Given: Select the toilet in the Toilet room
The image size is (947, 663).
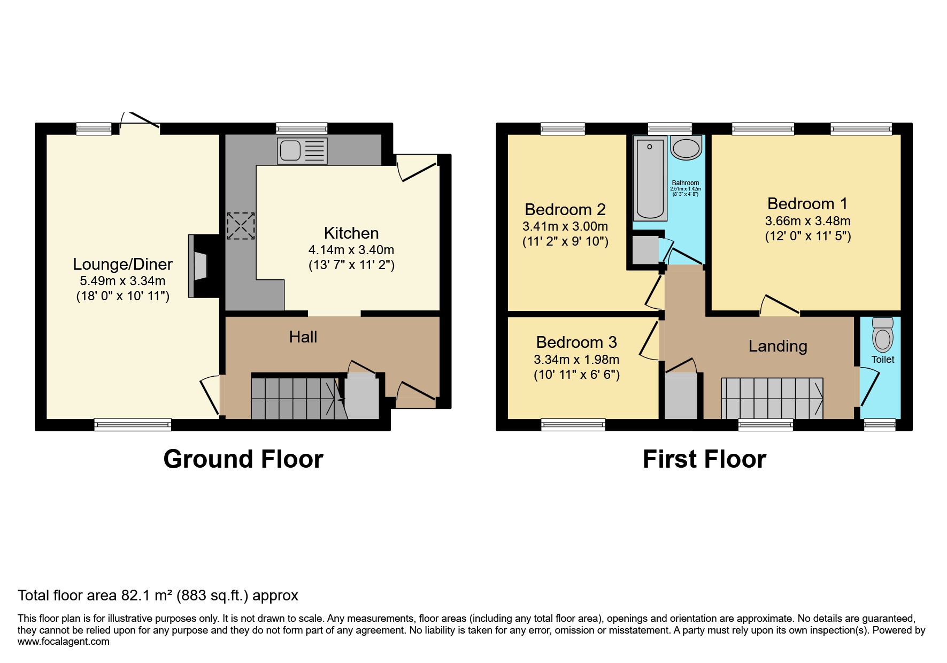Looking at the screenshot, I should (882, 336).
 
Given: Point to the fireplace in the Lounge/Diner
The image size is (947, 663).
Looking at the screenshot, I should (198, 266).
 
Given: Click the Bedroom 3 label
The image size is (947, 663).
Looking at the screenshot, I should (576, 342).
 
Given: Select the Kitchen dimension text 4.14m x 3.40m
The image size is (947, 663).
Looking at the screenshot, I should (351, 250).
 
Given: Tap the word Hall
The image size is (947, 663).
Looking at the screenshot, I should (303, 337).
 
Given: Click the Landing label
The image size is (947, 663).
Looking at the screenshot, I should (777, 346).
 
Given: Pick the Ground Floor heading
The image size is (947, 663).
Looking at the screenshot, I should (243, 459).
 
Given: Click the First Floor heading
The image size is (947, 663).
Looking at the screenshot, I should (704, 459).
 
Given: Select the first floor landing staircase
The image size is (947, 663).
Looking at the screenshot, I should (772, 398).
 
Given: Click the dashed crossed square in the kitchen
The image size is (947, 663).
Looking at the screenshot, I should (241, 226).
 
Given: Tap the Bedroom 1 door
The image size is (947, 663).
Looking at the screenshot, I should (780, 305).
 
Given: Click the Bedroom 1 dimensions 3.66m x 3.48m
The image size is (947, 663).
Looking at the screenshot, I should (807, 221).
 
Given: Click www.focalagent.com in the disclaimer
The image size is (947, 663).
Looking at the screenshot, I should (64, 642).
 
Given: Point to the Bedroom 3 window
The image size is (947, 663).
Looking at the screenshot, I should (573, 425).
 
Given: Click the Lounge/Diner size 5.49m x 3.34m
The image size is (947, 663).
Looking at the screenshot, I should (122, 281).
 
